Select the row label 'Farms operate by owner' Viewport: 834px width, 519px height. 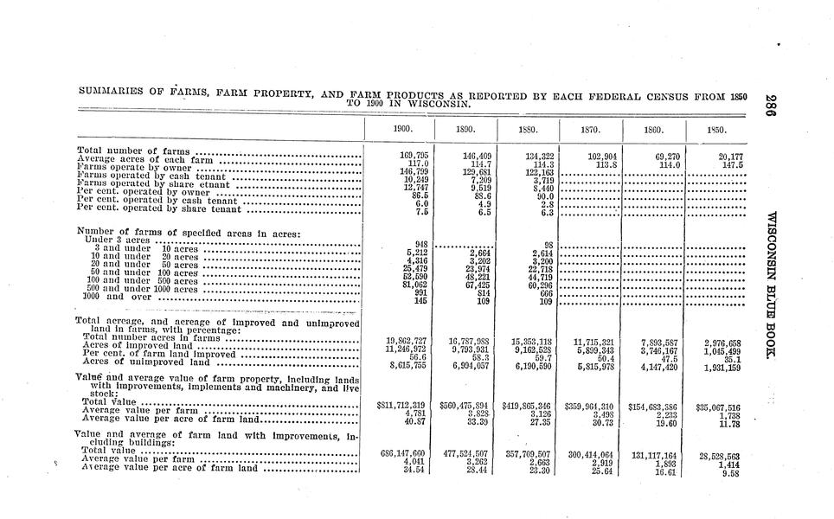[132, 168]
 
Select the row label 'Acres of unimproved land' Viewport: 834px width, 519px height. [144, 362]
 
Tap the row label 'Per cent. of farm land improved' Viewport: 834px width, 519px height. [156, 354]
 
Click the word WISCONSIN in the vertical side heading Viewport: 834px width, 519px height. [769, 242]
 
